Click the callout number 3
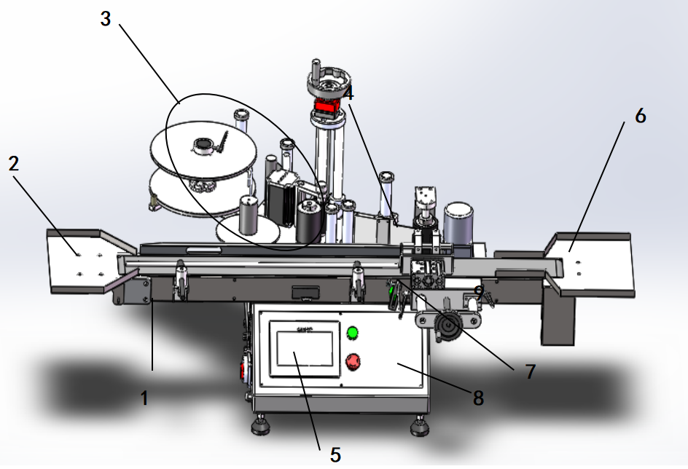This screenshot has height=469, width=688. click(x=105, y=19)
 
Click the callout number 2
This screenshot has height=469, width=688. click(x=14, y=163)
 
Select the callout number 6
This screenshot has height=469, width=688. click(x=641, y=116)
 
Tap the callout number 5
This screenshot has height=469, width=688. click(x=335, y=455)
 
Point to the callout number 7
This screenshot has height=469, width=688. click(x=531, y=371)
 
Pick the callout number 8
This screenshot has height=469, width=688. click(x=478, y=398)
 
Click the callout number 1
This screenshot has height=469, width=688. click(x=144, y=398)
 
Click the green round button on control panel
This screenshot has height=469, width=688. click(x=352, y=333)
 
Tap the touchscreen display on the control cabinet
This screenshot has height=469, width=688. click(x=305, y=348)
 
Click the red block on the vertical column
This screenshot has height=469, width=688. click(x=327, y=106)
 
